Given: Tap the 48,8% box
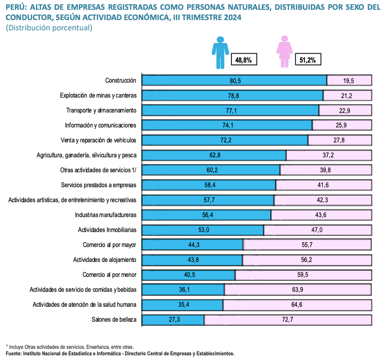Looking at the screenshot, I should point(244,60).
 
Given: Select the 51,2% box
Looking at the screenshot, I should point(308,60).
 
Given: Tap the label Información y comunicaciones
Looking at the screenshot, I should point(100,126).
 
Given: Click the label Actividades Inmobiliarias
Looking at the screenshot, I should point(107,230).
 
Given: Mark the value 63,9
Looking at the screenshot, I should point(298,290).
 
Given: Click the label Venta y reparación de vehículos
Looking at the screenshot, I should point(98,141).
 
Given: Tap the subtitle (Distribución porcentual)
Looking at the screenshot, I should point(49,28).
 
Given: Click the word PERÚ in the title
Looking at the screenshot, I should point(16,7).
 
